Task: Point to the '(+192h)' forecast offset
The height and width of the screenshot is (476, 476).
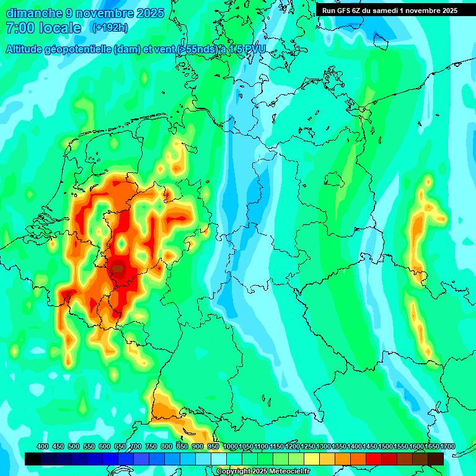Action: point(110,28)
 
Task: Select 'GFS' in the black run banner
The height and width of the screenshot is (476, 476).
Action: point(345,11)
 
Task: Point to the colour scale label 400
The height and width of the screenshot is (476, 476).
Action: point(43,447)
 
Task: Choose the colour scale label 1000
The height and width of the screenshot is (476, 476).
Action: point(231,447)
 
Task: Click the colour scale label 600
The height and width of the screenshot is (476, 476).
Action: point(105,447)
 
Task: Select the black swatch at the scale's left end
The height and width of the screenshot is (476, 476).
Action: point(33,459)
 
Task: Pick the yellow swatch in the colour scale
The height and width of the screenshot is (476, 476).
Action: point(312,459)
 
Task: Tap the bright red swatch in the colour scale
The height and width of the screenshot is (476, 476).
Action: point(374,459)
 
